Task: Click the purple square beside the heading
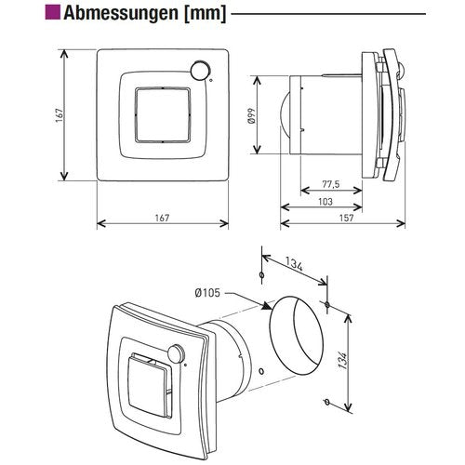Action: coord(53,12)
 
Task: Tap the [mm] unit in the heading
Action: coord(206,14)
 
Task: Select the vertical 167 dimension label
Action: coord(60,115)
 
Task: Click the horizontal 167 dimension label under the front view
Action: coord(162,218)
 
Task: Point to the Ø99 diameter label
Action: coord(251,115)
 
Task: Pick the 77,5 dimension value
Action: coord(331,184)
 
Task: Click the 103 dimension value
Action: coord(325,202)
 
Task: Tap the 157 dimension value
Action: coord(346,218)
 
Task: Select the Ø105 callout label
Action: coord(207,293)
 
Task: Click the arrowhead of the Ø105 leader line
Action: coord(266,306)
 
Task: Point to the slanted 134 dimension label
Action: coord(294,265)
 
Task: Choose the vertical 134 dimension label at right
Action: coord(342,360)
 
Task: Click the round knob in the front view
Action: coord(200,71)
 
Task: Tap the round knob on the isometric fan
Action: coord(176,353)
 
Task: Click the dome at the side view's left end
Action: coord(285,113)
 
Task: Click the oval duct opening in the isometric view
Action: coord(297,335)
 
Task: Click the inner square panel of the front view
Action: coord(163,115)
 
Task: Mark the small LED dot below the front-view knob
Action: coord(211,81)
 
